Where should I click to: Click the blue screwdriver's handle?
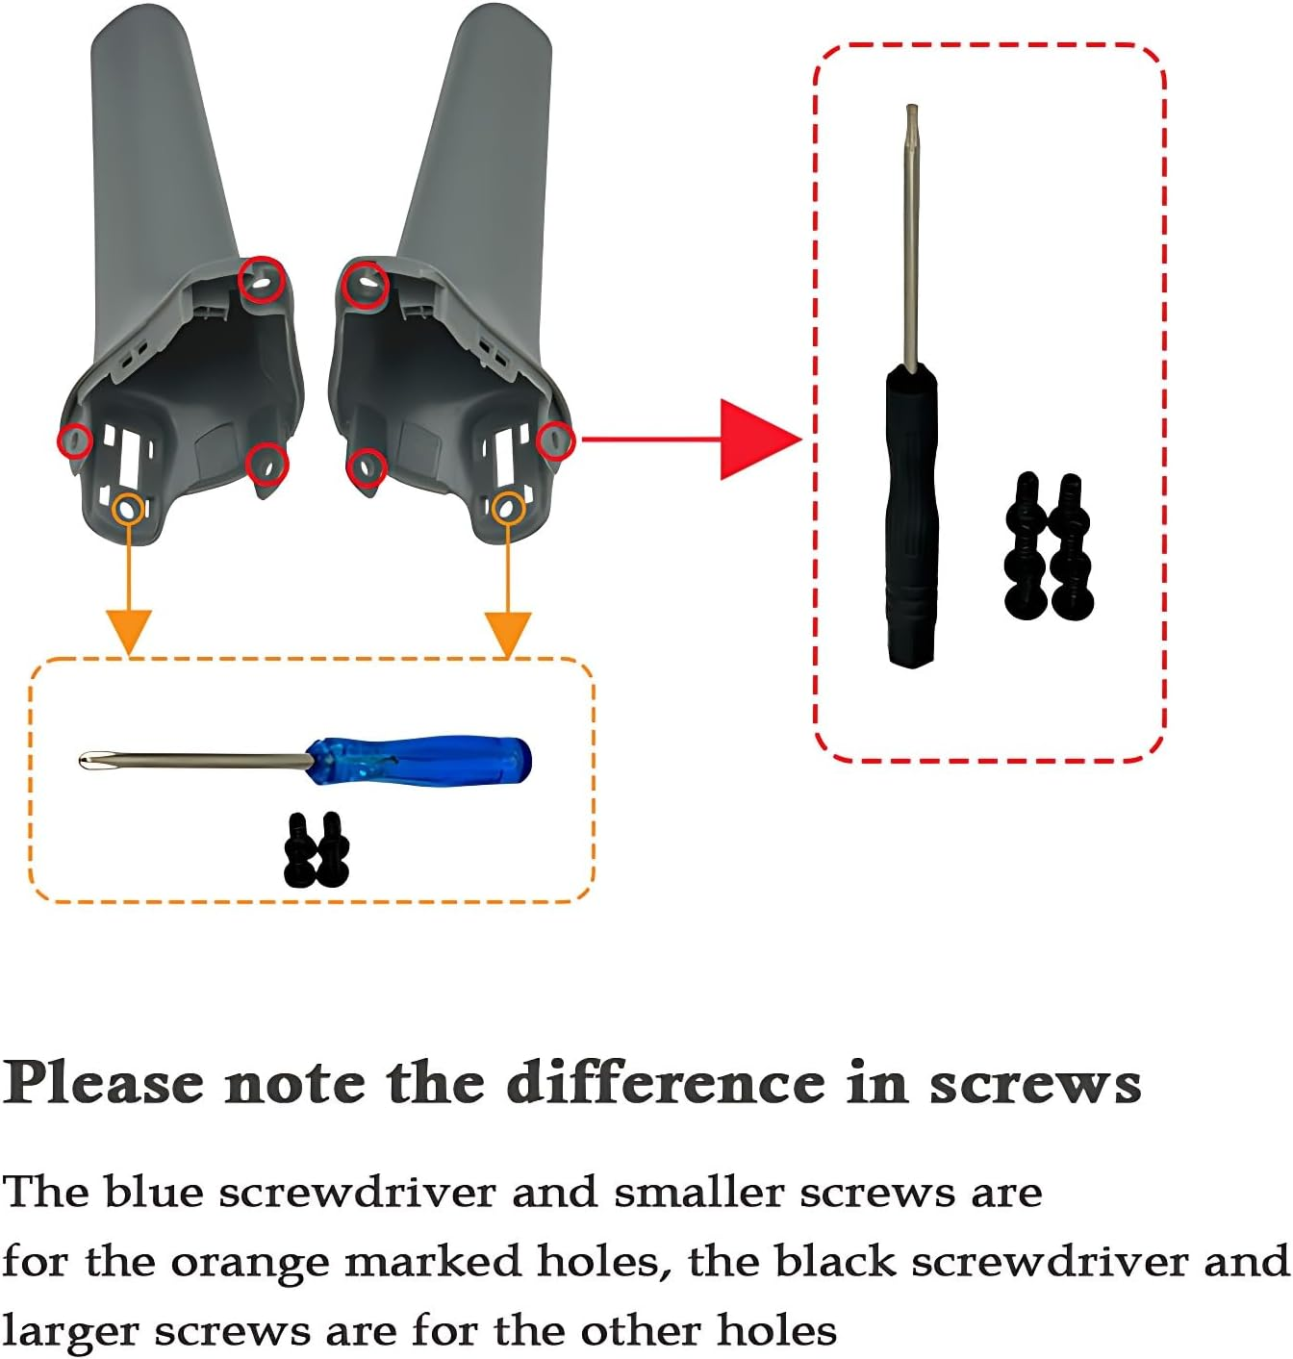[x=423, y=760]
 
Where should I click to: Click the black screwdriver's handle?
[x=910, y=519]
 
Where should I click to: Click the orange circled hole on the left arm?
[x=129, y=508]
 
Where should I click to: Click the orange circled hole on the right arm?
[x=508, y=508]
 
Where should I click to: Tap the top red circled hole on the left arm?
[x=262, y=280]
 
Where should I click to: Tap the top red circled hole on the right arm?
[x=366, y=285]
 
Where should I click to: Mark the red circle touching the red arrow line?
[x=555, y=440]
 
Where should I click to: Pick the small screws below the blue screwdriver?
[x=317, y=850]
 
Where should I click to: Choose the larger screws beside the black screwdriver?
[x=1049, y=546]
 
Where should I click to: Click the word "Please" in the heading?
[x=104, y=1084]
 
